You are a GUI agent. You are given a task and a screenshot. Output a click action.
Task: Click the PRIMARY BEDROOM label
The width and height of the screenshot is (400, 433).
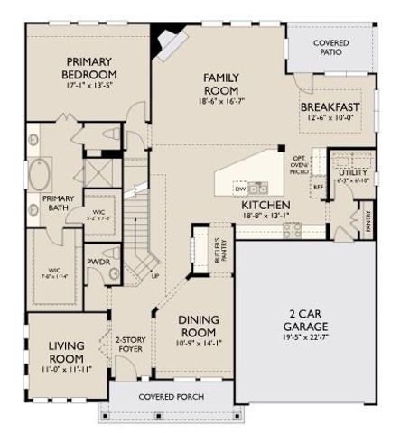click(90, 68)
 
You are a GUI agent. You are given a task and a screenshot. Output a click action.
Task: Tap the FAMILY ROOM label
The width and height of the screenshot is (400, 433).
click(219, 85)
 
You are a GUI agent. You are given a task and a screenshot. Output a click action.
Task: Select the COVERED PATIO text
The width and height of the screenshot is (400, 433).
click(331, 48)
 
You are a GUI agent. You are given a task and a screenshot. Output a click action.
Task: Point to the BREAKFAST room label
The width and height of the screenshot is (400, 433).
click(330, 107)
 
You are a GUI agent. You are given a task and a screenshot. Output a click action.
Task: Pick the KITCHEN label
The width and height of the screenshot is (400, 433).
click(265, 206)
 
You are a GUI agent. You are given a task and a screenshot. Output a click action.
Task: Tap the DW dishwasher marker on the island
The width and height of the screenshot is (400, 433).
click(239, 189)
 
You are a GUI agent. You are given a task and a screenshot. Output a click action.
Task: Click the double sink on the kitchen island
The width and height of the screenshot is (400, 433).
click(258, 189)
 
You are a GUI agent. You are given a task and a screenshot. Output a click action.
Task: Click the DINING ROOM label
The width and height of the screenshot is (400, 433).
click(197, 325)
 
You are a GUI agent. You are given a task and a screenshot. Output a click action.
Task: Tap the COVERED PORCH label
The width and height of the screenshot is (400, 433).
click(171, 396)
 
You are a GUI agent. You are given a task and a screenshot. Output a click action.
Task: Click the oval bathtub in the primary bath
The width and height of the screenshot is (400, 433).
click(41, 172)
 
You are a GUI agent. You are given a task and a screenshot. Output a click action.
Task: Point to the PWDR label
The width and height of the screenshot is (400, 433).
click(98, 263)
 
